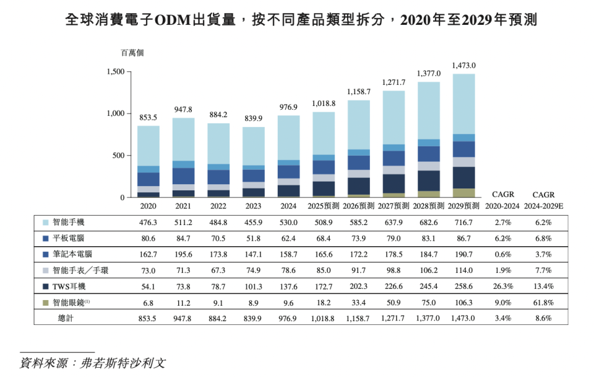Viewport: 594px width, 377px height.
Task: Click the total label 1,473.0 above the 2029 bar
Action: pos(463,65)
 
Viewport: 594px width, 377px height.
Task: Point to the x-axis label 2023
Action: pos(254,205)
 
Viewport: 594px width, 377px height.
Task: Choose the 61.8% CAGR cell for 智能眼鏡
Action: pos(543,303)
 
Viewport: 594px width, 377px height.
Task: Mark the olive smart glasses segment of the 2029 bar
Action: pos(463,193)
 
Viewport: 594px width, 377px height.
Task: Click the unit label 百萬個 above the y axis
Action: pos(131,53)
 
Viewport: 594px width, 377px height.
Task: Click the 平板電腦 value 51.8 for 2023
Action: pos(253,238)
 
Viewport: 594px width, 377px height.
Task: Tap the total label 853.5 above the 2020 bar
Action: pos(148,117)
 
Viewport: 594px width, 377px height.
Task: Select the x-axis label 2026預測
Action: pos(359,205)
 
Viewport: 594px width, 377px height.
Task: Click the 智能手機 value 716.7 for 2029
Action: pos(463,222)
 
